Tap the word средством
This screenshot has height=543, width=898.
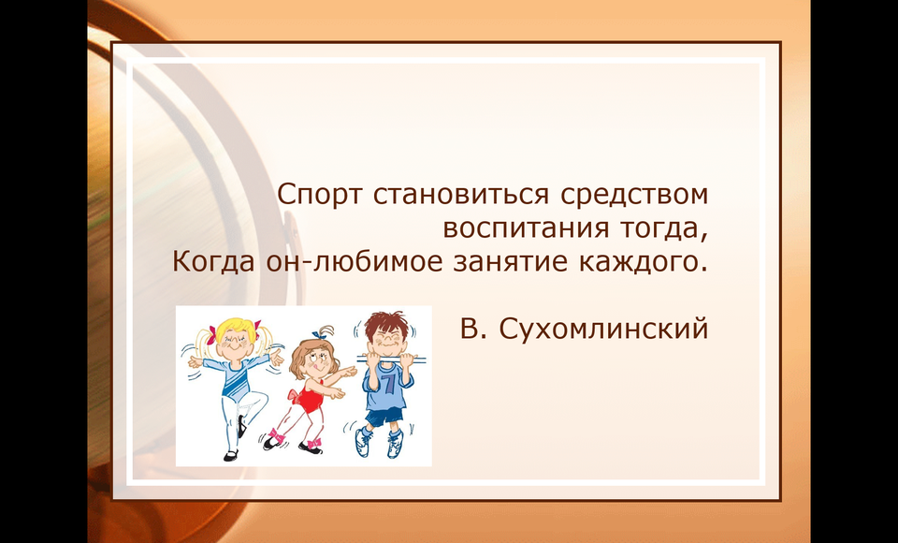pyautogui.click(x=634, y=196)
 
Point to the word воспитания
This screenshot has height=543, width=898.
pyautogui.click(x=526, y=228)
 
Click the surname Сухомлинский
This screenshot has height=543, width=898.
pyautogui.click(x=603, y=330)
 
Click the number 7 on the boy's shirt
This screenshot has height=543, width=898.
pyautogui.click(x=390, y=383)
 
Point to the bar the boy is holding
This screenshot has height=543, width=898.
pyautogui.click(x=391, y=359)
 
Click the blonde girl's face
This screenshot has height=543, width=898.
pyautogui.click(x=234, y=343)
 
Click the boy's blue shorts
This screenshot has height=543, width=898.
pyautogui.click(x=384, y=417)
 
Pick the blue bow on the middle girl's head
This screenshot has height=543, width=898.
pyautogui.click(x=318, y=334)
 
